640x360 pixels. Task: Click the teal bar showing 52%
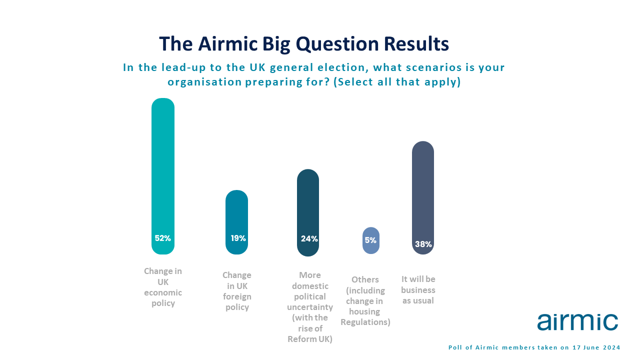pyautogui.click(x=163, y=176)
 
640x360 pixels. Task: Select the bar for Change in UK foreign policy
pyautogui.click(x=236, y=222)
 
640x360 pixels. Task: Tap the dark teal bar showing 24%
pyautogui.click(x=308, y=212)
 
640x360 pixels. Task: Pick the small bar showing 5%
pyautogui.click(x=371, y=240)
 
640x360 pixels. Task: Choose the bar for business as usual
pyautogui.click(x=423, y=197)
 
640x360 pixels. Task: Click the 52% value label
pyautogui.click(x=163, y=238)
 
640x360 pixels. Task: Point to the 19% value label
pyautogui.click(x=238, y=238)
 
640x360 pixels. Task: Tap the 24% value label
pyautogui.click(x=309, y=239)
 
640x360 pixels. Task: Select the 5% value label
pyautogui.click(x=370, y=240)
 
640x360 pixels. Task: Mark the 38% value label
pyautogui.click(x=423, y=244)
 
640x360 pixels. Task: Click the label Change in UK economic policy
pyautogui.click(x=163, y=287)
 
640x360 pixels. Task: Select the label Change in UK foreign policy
pyautogui.click(x=237, y=291)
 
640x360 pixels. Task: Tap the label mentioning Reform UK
pyautogui.click(x=310, y=307)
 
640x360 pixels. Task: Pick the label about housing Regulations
pyautogui.click(x=365, y=300)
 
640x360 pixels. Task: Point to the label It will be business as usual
pyautogui.click(x=418, y=289)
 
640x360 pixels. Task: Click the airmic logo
pyautogui.click(x=577, y=322)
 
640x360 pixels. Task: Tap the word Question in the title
pyautogui.click(x=337, y=44)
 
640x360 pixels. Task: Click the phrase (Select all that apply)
pyautogui.click(x=397, y=82)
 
